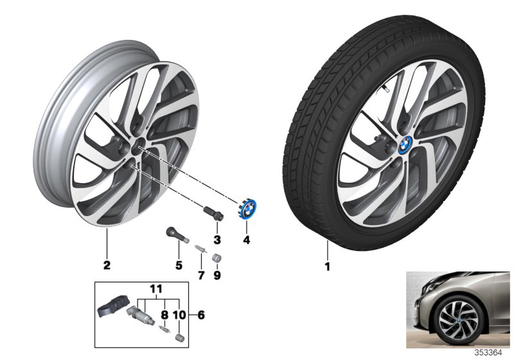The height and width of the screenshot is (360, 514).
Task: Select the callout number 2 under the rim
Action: point(107,265)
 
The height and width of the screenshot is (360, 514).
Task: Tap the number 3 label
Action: point(217,241)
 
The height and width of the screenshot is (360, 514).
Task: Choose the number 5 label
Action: point(179,265)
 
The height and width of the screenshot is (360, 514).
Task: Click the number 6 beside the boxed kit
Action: point(202,316)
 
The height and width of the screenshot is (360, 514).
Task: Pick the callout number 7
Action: point(200,275)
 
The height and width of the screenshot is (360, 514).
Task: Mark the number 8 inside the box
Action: point(164,315)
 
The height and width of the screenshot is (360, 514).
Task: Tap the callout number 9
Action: point(216,275)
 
